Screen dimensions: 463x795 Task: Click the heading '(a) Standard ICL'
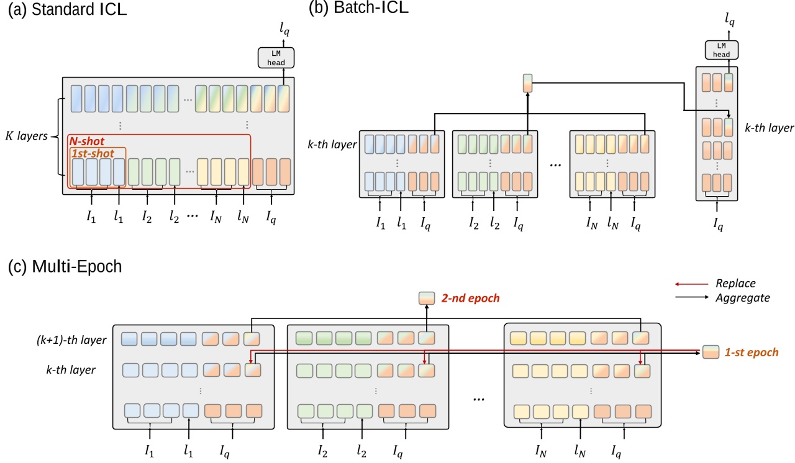(67, 10)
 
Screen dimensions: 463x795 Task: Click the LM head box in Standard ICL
(276, 58)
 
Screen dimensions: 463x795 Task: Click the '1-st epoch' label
(752, 352)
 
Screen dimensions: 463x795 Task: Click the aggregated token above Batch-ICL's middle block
(527, 83)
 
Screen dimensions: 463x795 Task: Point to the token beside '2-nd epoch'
(427, 299)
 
